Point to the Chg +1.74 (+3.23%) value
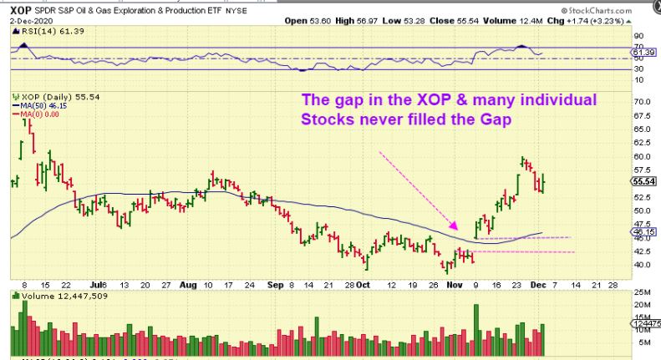[x=614, y=18]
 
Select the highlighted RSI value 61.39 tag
[x=645, y=53]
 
